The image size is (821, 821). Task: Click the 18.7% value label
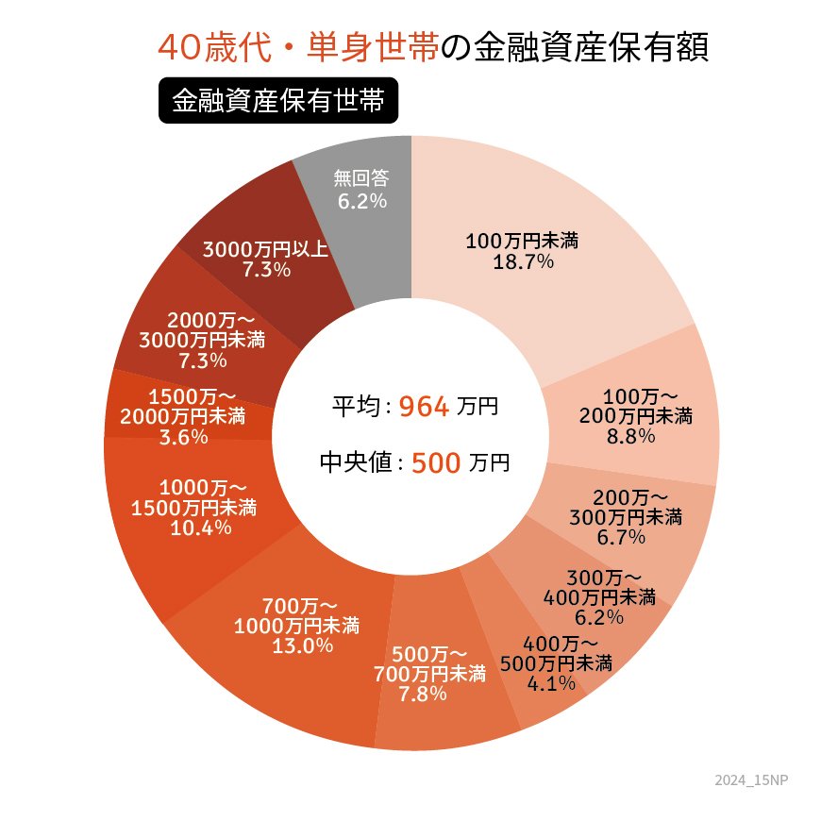[x=522, y=262]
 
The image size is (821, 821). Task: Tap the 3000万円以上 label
[x=266, y=249]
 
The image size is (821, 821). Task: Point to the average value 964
[x=424, y=407]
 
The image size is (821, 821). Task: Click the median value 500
[x=436, y=463]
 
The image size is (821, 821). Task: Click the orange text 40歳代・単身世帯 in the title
[x=297, y=48]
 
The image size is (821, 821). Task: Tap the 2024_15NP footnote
[x=750, y=780]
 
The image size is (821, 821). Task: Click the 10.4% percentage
[x=201, y=528]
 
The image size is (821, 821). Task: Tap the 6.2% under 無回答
[x=360, y=200]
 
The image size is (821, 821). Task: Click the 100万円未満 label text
[x=522, y=242]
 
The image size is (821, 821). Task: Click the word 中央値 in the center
[x=355, y=463]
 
